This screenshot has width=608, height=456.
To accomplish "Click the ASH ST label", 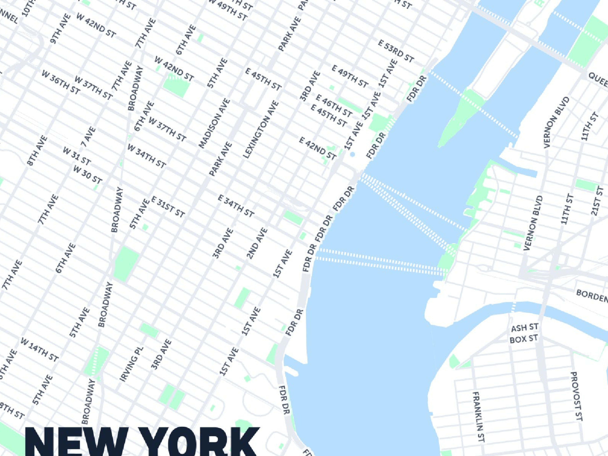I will click(x=524, y=328).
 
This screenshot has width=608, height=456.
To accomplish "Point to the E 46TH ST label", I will click(x=334, y=105).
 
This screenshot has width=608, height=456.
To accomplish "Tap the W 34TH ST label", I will click(x=146, y=156).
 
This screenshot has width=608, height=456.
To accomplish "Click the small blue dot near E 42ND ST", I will click(x=353, y=155).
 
